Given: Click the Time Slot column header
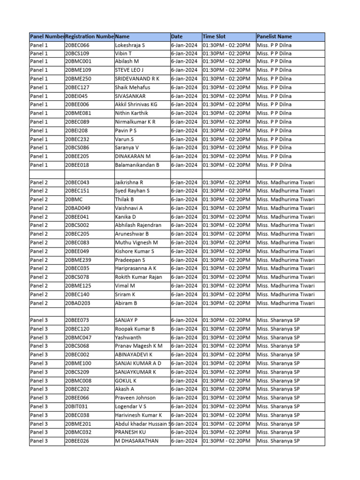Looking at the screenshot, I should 214,37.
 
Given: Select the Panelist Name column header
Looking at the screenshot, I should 274,37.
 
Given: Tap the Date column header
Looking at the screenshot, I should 177,37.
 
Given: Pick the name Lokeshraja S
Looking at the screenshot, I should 130,45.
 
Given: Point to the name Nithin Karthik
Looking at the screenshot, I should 131,113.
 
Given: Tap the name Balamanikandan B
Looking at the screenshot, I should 137,165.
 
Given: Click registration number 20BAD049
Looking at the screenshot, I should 78,208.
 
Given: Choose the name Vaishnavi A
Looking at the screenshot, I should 129,208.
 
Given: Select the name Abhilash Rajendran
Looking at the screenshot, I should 138,225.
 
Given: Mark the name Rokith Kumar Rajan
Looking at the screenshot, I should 138,277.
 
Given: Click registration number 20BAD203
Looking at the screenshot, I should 78,303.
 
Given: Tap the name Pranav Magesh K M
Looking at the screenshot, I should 138,346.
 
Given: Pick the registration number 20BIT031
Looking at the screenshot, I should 76,406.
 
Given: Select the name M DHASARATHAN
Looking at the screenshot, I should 136,441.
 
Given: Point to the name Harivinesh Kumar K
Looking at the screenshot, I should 138,415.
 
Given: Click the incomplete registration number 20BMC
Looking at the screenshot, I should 73,200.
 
